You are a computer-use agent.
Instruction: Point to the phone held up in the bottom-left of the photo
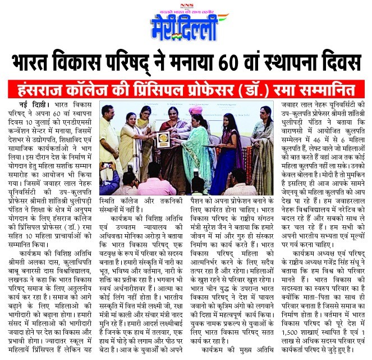point(107,165)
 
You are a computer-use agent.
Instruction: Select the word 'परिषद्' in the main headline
point(142,61)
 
